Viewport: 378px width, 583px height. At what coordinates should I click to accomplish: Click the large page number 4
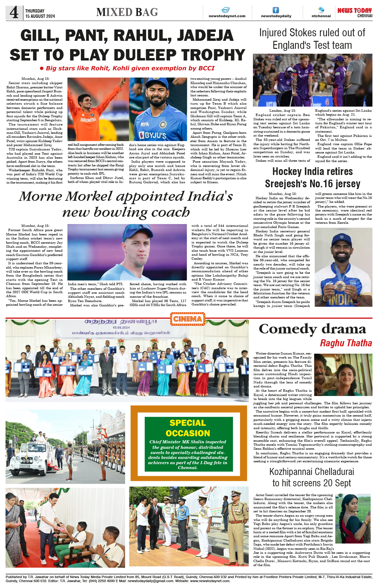coord(14,13)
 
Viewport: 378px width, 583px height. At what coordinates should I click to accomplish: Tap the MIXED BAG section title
coord(127,12)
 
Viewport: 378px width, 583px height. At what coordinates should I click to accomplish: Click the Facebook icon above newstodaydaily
coord(276,10)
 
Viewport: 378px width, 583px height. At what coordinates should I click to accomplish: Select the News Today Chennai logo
coord(355,12)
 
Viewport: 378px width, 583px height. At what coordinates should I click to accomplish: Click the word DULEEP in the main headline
coord(146,55)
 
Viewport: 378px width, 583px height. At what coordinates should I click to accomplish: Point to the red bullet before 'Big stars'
coord(42,68)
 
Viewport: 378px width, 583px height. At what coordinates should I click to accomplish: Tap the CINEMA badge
coord(187,319)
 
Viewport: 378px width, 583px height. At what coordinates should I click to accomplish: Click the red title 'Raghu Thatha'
coord(346,343)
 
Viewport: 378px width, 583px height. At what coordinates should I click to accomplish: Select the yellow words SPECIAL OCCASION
coord(188,428)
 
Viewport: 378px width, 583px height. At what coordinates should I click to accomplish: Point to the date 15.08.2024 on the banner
coord(121,327)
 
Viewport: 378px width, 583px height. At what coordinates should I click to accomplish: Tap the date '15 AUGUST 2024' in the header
coord(40,16)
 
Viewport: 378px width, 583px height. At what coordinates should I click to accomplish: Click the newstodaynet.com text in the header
coord(227,16)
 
